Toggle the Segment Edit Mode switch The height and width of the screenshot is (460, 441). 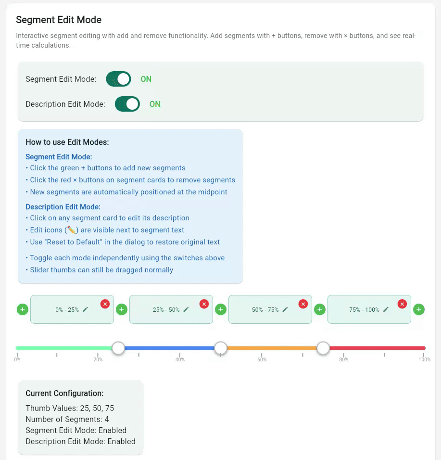(118, 79)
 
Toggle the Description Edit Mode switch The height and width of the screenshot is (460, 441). (127, 104)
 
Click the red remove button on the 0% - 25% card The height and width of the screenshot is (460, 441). (105, 304)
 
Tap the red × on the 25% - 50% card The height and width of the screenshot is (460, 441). (204, 304)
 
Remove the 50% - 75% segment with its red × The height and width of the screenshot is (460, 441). (303, 304)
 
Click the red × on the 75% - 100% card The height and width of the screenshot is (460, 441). (403, 304)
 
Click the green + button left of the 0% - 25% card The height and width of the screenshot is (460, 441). (23, 309)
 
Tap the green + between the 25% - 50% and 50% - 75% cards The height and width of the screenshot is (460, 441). (221, 309)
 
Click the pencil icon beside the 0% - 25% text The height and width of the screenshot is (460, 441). (86, 309)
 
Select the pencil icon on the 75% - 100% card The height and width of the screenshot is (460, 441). (386, 309)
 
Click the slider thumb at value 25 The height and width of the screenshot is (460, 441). (118, 347)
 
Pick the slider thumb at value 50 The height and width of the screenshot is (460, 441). (221, 347)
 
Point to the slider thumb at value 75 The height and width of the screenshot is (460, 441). (323, 347)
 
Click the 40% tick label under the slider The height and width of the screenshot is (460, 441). (180, 359)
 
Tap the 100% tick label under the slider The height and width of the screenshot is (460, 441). (425, 359)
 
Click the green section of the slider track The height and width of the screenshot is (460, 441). (63, 348)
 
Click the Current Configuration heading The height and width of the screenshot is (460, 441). (64, 393)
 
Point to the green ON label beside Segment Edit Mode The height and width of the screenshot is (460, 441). (146, 79)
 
